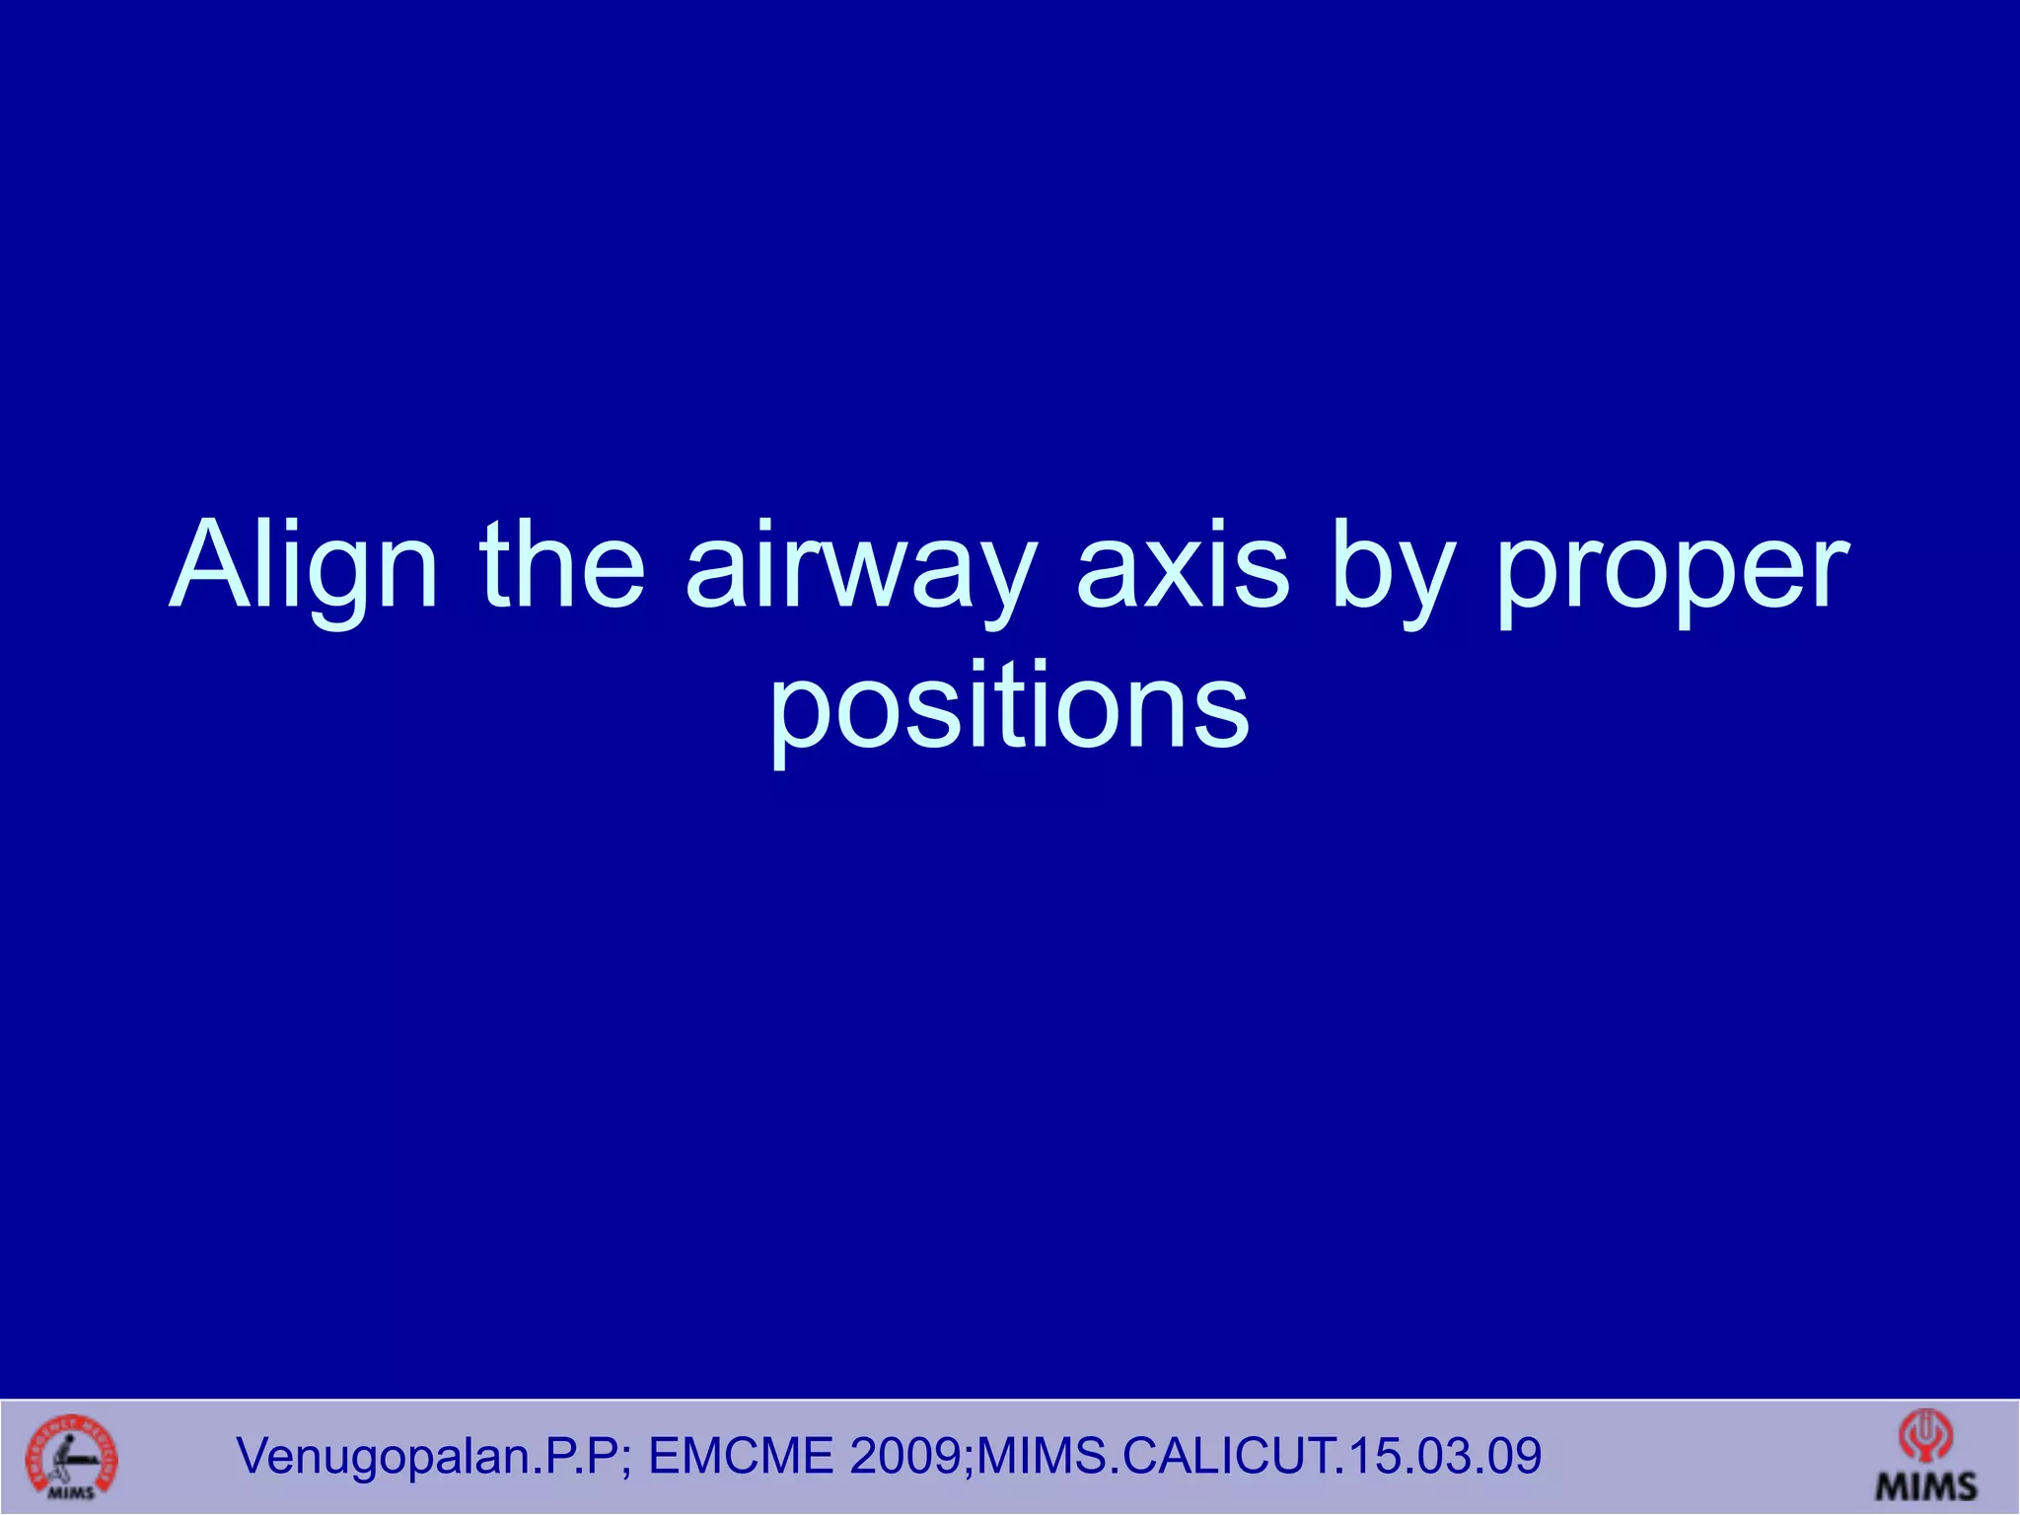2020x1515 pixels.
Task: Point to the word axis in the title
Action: point(1183,567)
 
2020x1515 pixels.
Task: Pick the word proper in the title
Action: point(1672,572)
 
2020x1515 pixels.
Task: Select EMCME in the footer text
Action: point(741,1457)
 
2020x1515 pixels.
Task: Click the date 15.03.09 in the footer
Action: point(1436,1457)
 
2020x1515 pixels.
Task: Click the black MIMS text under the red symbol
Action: point(1926,1486)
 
